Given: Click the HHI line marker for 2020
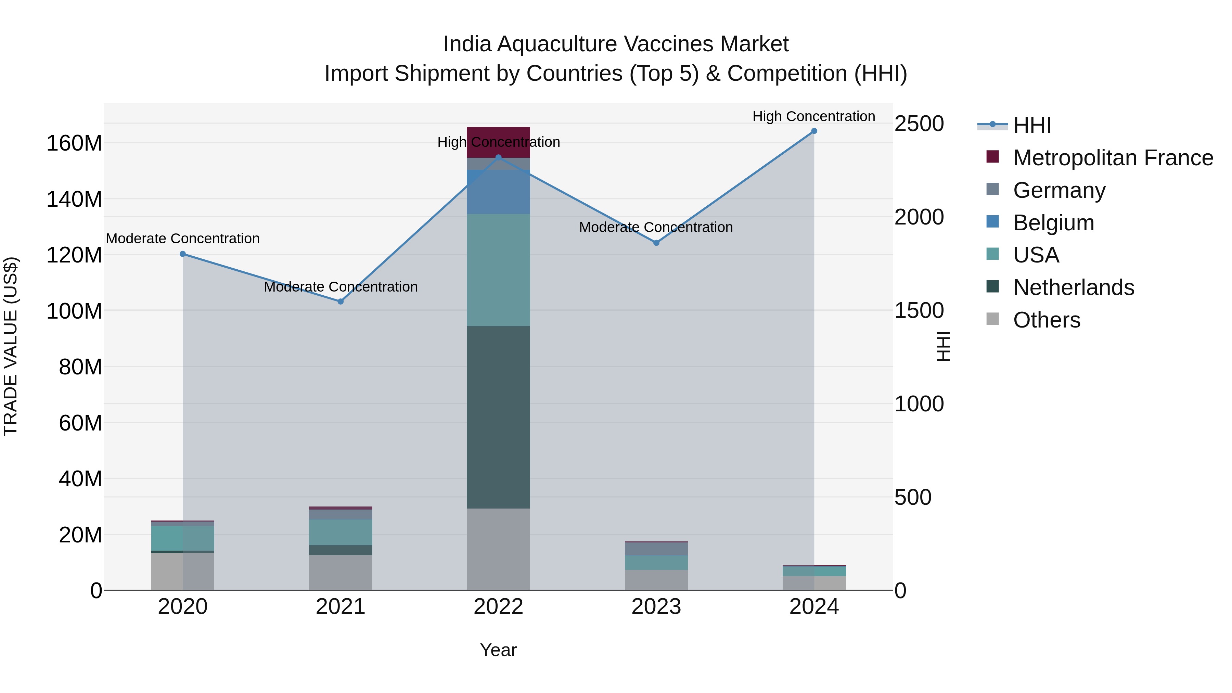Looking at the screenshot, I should [183, 254].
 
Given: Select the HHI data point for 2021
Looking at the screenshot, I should [341, 301].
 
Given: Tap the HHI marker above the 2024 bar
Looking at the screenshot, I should [814, 131].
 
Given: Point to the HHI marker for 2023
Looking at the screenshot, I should [656, 243].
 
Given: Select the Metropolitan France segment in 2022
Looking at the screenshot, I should [498, 136].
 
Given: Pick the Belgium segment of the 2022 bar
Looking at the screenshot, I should [498, 191].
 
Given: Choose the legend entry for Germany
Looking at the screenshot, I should [1059, 190].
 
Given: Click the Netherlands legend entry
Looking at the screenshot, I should [1073, 287].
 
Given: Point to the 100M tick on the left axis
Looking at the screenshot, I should [74, 311].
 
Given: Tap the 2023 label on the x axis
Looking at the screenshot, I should [656, 607].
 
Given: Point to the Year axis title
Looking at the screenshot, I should [498, 650].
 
